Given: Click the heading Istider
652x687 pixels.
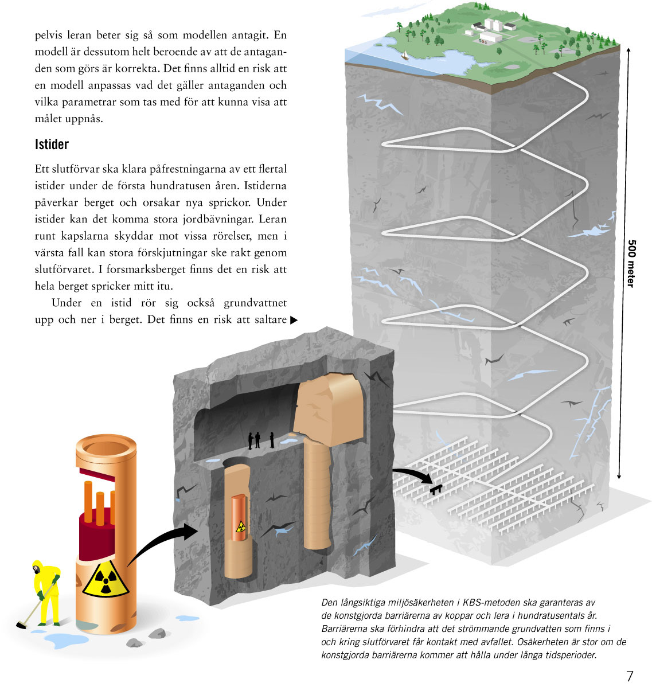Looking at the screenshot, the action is [52, 144].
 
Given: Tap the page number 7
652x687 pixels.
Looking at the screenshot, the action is [630, 676].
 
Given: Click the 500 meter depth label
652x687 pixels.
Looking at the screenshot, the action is [631, 264].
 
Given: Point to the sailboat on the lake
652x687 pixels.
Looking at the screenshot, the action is [405, 55].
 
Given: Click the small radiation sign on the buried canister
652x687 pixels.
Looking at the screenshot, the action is [241, 525].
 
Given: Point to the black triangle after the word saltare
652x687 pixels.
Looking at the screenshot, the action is [294, 320].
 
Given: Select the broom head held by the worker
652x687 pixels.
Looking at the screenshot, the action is [22, 624].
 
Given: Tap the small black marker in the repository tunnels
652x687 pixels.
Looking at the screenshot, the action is [436, 489].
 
